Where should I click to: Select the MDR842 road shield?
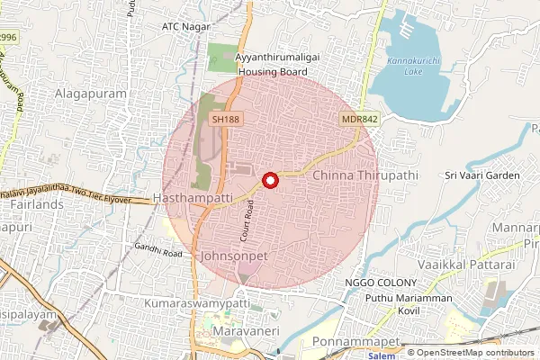tap(356, 119)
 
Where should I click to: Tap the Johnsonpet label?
tap(236, 256)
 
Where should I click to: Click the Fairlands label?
tap(29, 205)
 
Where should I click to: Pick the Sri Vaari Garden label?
tap(484, 175)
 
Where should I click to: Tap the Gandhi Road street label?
tap(158, 251)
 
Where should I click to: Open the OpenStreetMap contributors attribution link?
tap(475, 353)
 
